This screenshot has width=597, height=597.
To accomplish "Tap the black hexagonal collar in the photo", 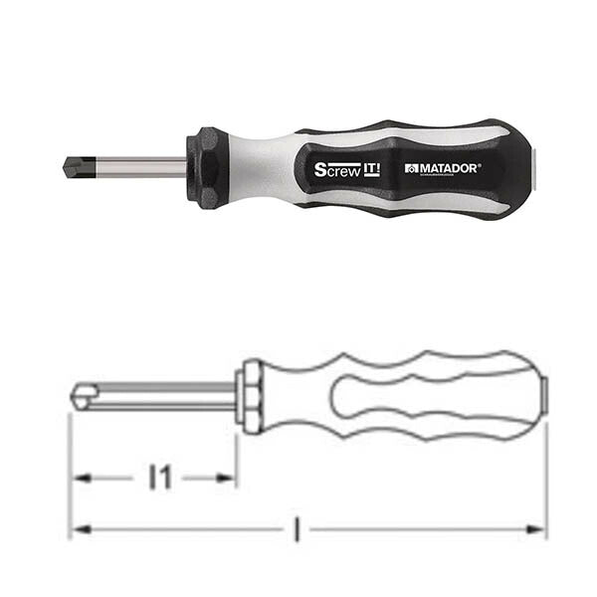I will pos(206,166).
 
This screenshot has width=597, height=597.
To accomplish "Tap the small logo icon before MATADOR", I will pos(411,169).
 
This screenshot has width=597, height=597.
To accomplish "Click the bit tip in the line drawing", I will pos(79,396).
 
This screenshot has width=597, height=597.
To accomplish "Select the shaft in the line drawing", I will pos(159,396).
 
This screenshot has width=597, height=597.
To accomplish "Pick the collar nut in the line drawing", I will pos(252,396).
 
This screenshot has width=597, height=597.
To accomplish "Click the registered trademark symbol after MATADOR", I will pos(480,165).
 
